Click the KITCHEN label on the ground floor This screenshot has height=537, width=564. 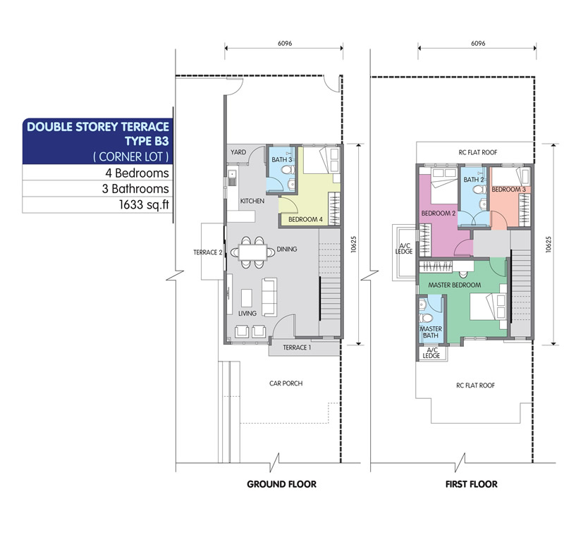pos(252,201)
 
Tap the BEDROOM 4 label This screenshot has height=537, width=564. pos(305,219)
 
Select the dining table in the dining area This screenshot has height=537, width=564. pos(252,252)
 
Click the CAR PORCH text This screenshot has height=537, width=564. pos(286,383)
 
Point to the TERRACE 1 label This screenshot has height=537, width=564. pos(297,347)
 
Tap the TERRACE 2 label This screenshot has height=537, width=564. pos(207,252)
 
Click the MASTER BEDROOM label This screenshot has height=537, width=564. pos(454,285)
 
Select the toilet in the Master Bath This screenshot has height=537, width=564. pos(427,318)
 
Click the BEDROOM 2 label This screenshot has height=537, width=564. pos(438,213)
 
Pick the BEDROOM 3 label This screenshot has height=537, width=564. pos(508,190)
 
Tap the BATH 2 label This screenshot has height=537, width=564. pos(473,180)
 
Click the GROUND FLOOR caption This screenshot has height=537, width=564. pos(281,484)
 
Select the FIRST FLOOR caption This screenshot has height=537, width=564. pos(471,484)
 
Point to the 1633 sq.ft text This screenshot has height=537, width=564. pos(144,204)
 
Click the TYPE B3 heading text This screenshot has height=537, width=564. pos(147,141)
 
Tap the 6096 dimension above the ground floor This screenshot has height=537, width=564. pos(285,43)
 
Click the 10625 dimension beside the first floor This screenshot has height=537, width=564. pos(548,245)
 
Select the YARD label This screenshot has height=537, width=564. pos(238,152)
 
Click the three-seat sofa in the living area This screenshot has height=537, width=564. pos(269,297)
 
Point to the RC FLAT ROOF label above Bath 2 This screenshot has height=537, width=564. pos(478,152)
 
